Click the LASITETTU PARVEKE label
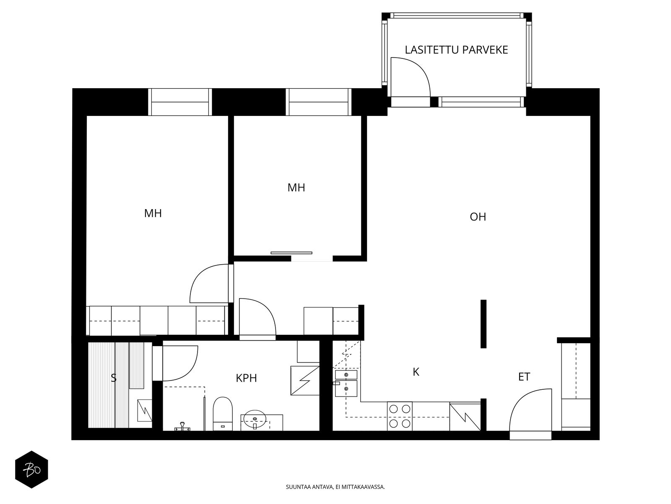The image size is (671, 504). tap(456, 50)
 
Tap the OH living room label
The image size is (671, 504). tap(478, 217)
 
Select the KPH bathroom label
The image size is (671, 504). tap(246, 378)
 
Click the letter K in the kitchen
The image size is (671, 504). tap(416, 372)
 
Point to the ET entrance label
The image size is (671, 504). tap(524, 377)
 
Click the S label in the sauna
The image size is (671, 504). tap(113, 378)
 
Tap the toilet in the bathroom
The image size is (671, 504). tap(222, 413)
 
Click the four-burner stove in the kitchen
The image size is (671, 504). tap(399, 416)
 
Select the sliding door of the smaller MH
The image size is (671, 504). tap(291, 253)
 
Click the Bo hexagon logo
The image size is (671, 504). tap(31, 469)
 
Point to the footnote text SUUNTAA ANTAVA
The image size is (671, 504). tap(335, 487)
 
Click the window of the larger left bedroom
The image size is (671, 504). tap(180, 102)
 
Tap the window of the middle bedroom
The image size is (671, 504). tap(318, 102)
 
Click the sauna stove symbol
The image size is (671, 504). tap(145, 409)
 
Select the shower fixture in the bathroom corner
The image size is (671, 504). tap(182, 427)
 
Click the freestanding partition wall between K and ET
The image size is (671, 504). tap(483, 324)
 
